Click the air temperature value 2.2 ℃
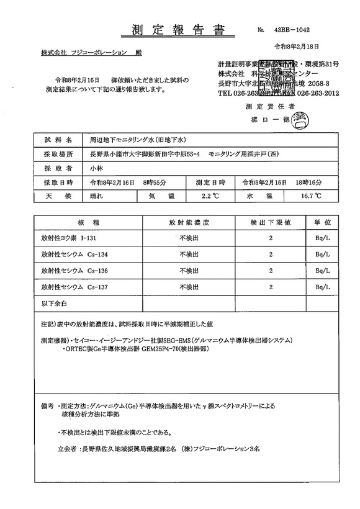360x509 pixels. [210, 196]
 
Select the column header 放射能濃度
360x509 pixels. [187, 222]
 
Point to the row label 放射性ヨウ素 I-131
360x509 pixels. [68, 238]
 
